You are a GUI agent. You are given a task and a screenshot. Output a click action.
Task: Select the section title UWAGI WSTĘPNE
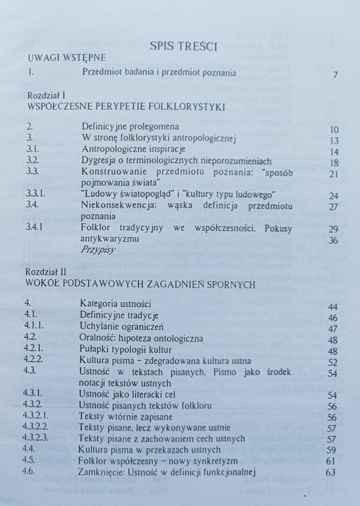point(67,58)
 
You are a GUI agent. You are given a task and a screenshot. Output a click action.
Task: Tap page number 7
point(336,76)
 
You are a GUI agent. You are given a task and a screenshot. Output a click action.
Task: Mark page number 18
point(334,163)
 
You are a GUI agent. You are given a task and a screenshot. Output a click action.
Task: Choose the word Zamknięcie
point(104,471)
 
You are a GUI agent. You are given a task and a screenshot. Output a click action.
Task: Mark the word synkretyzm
point(214,460)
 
